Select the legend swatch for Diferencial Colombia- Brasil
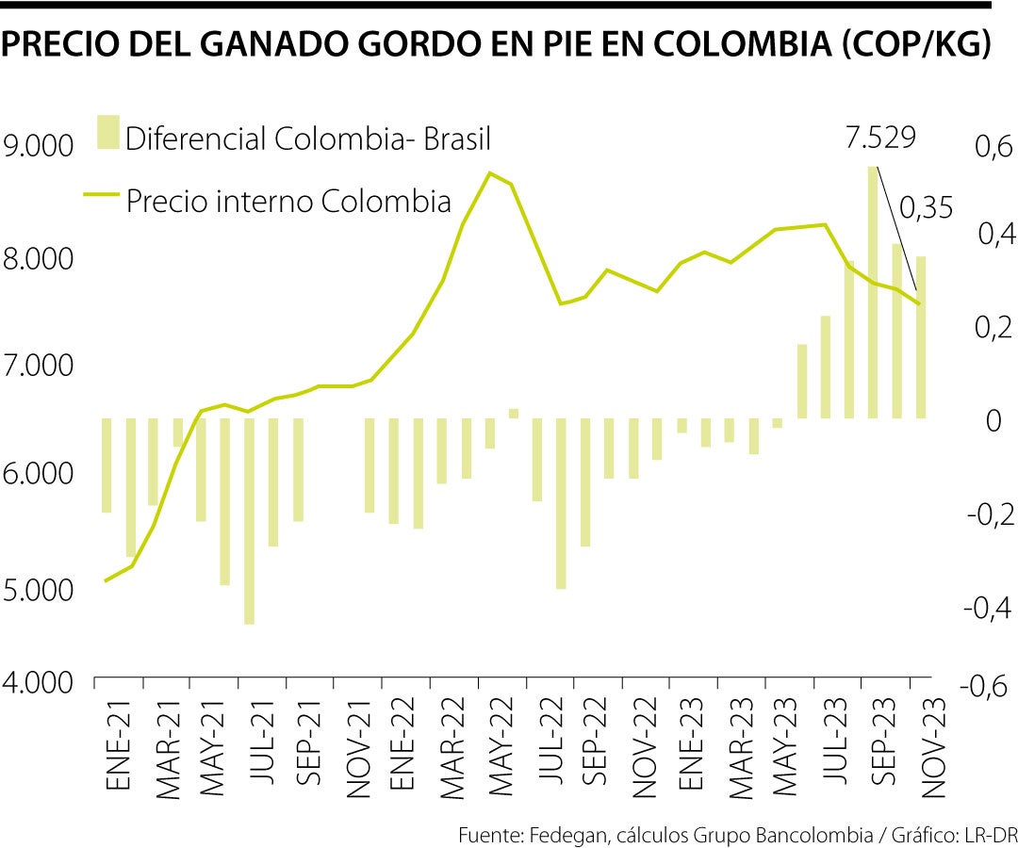[x=108, y=133]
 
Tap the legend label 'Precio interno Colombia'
[x=288, y=201]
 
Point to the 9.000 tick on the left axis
[x=39, y=147]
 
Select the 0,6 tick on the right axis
[x=985, y=148]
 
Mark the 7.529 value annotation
[x=879, y=139]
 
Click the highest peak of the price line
[x=489, y=172]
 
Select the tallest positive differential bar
[x=873, y=292]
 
